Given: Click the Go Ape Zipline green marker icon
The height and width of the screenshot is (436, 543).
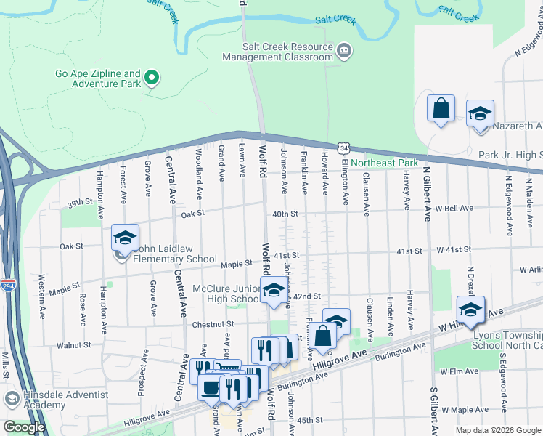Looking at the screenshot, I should tap(152, 78).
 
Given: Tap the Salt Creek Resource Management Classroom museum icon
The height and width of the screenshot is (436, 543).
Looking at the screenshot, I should tap(345, 50).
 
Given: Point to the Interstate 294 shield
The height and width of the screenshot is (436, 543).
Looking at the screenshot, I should tap(8, 285).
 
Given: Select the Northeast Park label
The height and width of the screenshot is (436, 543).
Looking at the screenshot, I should tap(385, 163).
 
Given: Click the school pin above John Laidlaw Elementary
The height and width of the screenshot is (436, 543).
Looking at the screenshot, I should tap(125, 238).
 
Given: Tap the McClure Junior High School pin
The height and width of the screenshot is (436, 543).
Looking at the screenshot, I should tap(273, 290).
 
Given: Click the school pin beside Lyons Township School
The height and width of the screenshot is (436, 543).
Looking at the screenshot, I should tap(470, 310).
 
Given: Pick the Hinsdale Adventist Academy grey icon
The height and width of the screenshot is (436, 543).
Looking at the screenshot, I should tap(11, 399).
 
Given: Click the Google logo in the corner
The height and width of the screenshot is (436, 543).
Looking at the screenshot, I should tap(24, 427).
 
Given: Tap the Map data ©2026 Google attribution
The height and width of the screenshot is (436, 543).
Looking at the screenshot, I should tap(498, 430).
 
